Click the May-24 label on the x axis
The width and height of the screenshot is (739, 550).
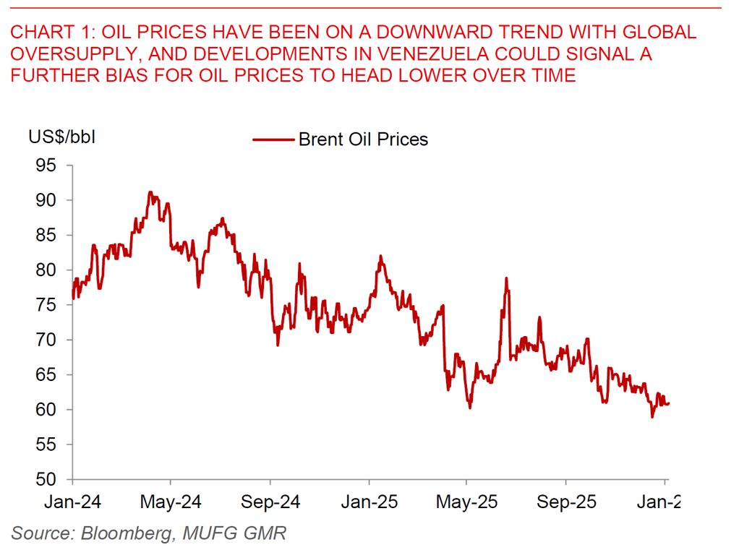171,502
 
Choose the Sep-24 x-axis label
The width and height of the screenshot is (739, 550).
270,502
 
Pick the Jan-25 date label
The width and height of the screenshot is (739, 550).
369,502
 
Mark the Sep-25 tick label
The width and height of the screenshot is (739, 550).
566,502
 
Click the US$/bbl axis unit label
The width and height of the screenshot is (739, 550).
61,136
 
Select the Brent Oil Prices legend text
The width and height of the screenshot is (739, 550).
363,139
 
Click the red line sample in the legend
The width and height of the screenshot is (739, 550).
273,139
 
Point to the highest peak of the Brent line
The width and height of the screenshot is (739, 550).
150,192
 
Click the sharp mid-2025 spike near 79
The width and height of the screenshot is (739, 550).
507,278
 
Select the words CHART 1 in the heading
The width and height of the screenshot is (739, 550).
52,33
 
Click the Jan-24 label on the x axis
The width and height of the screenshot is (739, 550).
73,502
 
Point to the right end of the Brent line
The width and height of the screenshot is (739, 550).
669,403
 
